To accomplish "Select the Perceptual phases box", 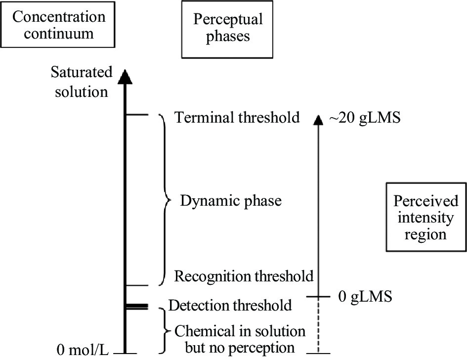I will pos(228,29).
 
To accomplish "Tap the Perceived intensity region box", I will pos(425,217).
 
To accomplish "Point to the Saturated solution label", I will pos(82,82).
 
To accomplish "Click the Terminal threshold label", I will pos(237,118).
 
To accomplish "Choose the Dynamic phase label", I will pos(230,201).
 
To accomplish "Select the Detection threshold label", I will pos(230,305).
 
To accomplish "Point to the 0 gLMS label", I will pos(365,297).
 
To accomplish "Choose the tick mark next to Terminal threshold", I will pos(137,115).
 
